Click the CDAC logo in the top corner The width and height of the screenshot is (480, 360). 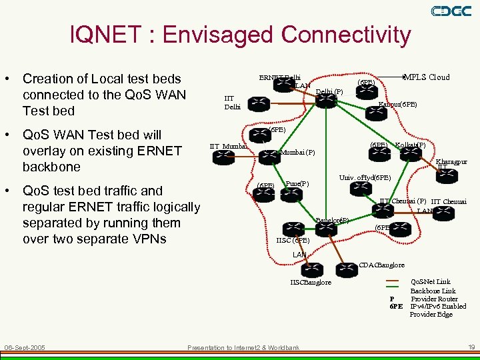coord(451,11)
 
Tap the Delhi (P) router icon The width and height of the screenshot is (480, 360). coord(327,101)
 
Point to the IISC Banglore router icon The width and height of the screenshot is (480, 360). coord(311,270)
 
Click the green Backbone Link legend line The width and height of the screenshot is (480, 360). coord(394,291)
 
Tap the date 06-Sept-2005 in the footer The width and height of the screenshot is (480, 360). coord(25,347)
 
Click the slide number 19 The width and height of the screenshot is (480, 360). coord(471,347)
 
